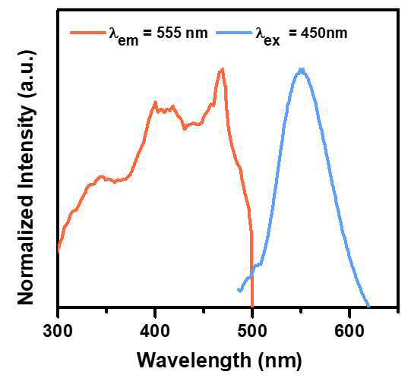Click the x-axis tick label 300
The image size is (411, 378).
pyautogui.click(x=58, y=331)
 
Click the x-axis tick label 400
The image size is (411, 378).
pyautogui.click(x=155, y=331)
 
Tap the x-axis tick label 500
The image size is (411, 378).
pyautogui.click(x=252, y=331)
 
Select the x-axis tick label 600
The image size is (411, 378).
pyautogui.click(x=349, y=331)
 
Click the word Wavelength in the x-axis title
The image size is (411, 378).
pyautogui.click(x=194, y=361)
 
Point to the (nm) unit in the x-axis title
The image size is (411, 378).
pyautogui.click(x=280, y=361)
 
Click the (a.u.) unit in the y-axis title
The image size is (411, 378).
pyautogui.click(x=27, y=74)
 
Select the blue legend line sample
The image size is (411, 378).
pyautogui.click(x=235, y=33)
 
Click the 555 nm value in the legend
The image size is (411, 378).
pyautogui.click(x=182, y=33)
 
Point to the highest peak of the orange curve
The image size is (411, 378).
pyautogui.click(x=223, y=69)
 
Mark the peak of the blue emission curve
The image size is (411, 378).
pyautogui.click(x=302, y=70)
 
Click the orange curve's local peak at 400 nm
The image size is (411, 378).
pyautogui.click(x=155, y=102)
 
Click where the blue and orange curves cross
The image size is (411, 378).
pyautogui.click(x=252, y=274)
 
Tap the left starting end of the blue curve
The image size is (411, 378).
pyautogui.click(x=239, y=290)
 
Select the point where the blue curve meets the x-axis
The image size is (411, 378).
pyautogui.click(x=368, y=306)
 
